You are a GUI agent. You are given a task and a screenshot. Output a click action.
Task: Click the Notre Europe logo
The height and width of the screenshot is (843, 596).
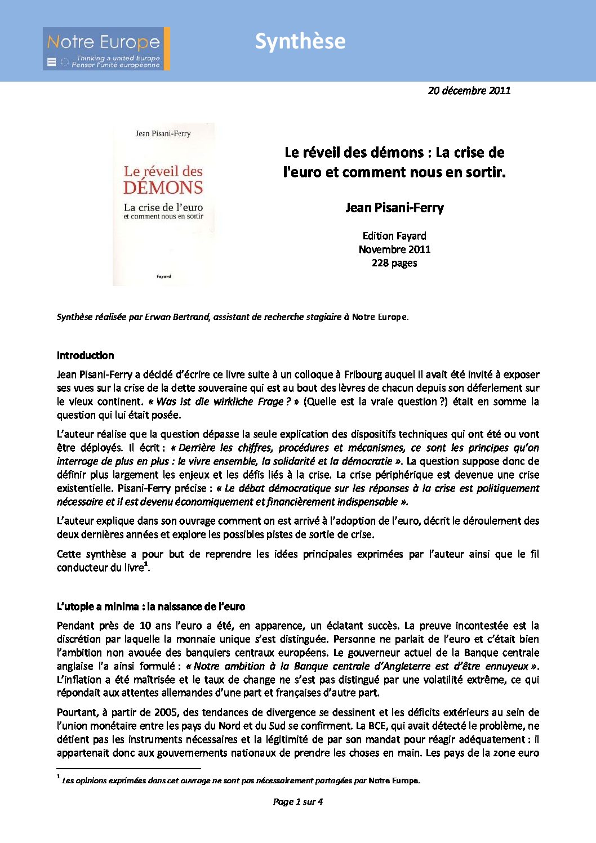coord(103,49)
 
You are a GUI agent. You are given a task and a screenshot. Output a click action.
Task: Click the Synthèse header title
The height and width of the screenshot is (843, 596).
coord(300,41)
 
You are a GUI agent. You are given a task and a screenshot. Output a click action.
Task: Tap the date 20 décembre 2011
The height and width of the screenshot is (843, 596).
coord(469,90)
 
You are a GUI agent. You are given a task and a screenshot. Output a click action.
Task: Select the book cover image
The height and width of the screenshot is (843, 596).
coord(163,204)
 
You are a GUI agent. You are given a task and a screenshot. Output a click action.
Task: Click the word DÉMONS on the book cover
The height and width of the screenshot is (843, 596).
coord(163,188)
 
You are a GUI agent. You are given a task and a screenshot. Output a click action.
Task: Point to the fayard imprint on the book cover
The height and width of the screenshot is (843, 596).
coord(164,276)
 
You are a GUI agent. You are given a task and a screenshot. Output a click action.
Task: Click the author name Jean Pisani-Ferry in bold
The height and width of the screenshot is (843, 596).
coord(394,208)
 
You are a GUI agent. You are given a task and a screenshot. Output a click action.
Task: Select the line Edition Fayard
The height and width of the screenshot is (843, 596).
coord(394,236)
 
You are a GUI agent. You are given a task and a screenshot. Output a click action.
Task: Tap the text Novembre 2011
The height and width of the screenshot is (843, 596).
coord(394,249)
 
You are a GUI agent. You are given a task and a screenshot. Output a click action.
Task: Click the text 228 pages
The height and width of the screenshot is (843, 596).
coord(394,263)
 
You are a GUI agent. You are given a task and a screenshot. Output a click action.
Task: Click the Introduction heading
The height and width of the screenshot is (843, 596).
coord(85,355)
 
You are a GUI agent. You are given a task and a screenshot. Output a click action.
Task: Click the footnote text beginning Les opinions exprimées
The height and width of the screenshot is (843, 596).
coord(241,780)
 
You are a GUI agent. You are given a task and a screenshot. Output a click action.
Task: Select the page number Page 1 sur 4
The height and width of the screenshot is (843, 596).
coord(297,802)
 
